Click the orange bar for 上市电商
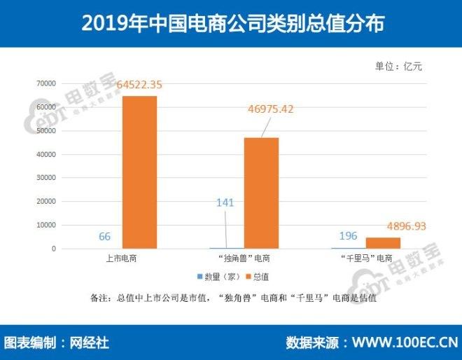[x=140, y=172]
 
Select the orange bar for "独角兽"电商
[x=261, y=193]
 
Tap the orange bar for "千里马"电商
[x=383, y=243]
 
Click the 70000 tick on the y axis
[x=46, y=83]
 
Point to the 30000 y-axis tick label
[x=46, y=178]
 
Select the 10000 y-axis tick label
[x=46, y=226]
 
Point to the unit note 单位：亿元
[x=400, y=67]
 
